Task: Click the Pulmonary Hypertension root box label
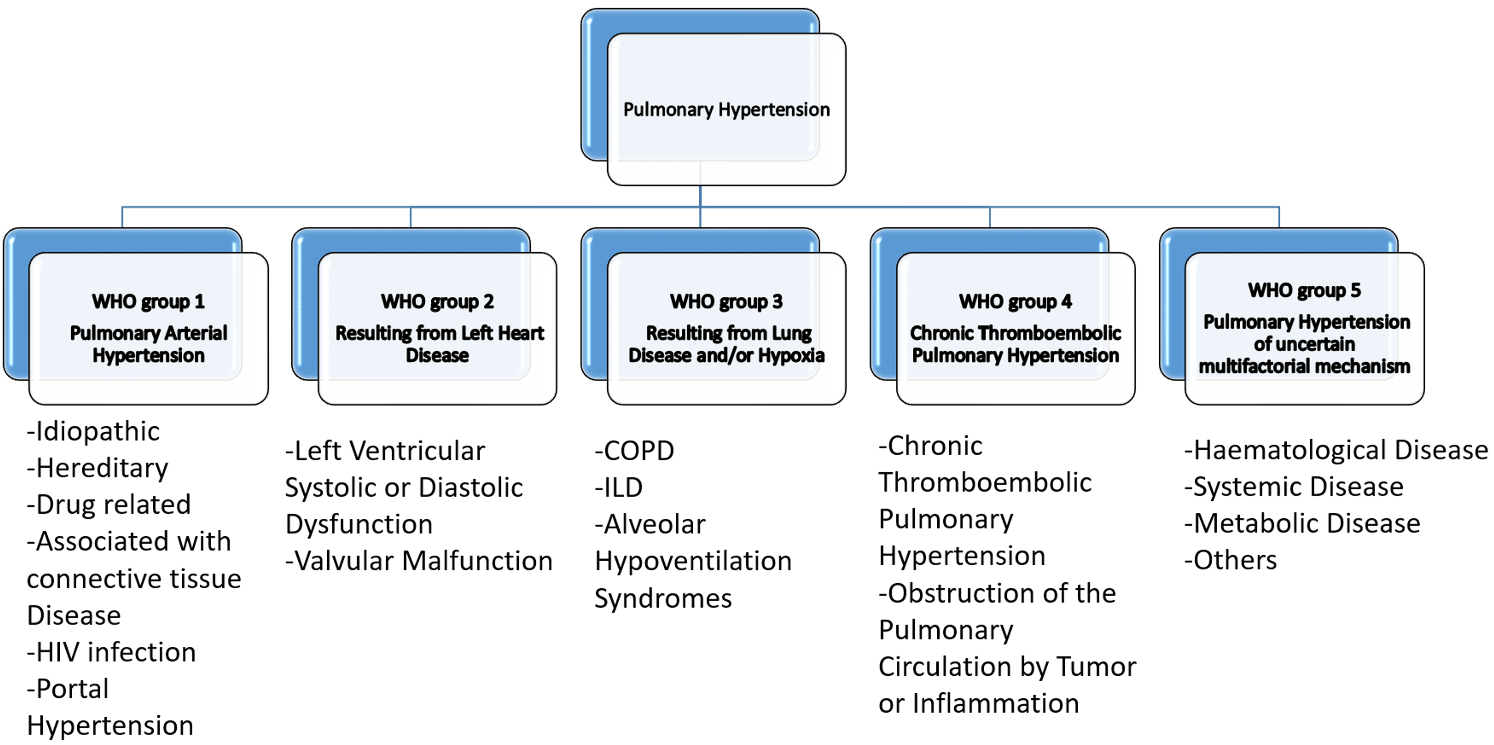pos(726,110)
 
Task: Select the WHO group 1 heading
pos(148,301)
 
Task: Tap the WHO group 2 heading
pos(437,301)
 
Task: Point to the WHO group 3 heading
pos(726,301)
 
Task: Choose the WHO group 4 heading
pos(1015,301)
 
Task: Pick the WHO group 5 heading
pos(1304,290)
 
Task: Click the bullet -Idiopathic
pos(94,431)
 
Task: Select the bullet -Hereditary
pos(98,468)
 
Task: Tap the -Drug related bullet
pos(109,504)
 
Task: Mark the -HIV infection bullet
pos(112,652)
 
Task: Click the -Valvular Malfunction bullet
pos(419,561)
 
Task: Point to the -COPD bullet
pos(634,451)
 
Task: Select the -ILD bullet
pos(619,487)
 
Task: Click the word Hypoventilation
pos(693,561)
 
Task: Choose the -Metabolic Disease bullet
pos(1302,523)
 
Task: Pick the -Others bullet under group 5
pos(1230,560)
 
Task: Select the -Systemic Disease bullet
pos(1293,487)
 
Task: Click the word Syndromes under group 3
pos(663,598)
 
